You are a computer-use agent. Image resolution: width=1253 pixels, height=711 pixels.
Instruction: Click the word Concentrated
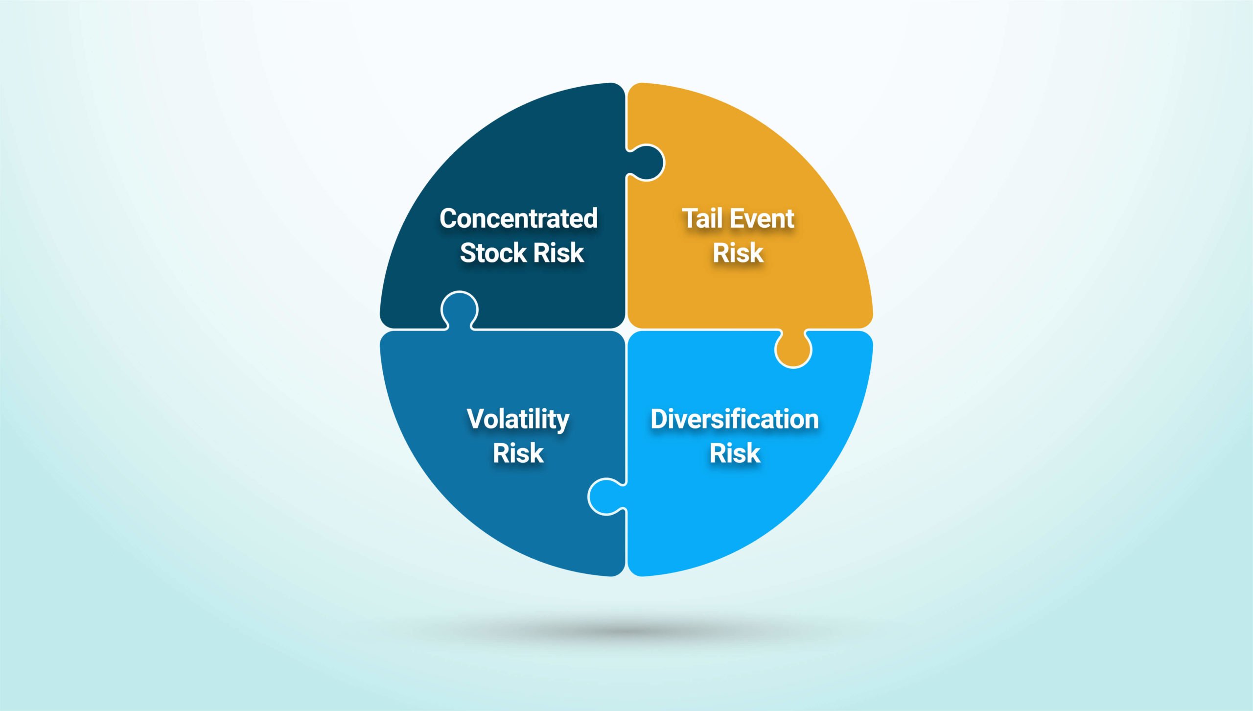coord(518,218)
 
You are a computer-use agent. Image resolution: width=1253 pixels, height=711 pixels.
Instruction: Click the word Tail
coord(702,218)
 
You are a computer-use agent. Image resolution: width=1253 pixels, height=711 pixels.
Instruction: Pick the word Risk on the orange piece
coord(738,253)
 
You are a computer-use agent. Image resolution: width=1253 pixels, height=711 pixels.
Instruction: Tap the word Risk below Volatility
coord(518,453)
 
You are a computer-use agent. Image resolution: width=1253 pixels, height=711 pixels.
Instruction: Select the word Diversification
coord(735,419)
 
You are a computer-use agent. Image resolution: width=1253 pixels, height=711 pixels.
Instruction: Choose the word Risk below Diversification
coord(735,453)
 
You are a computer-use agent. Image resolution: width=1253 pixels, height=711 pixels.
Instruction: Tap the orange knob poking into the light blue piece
coord(793,348)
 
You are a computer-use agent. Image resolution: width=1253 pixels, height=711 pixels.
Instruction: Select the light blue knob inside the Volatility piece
coord(606,497)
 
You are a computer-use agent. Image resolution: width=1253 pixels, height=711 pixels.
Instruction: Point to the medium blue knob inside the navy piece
coord(459,310)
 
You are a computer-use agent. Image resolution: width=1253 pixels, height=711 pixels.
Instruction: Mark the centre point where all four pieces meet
coord(626,330)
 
